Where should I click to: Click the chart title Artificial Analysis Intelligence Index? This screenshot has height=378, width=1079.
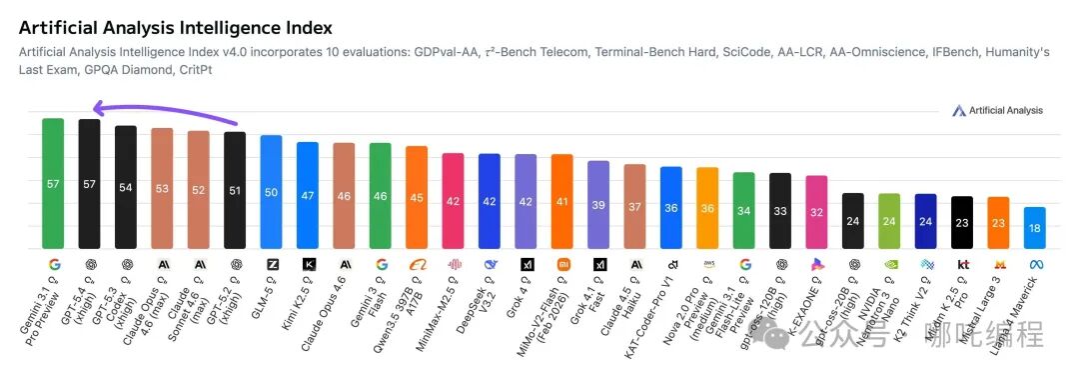click(176, 28)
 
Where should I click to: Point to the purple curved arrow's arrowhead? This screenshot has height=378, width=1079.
click(93, 110)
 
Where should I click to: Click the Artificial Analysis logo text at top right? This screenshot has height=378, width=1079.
click(1005, 110)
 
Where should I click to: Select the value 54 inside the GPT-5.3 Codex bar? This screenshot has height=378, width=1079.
click(126, 187)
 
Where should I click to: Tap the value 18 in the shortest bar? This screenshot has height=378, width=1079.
click(1035, 228)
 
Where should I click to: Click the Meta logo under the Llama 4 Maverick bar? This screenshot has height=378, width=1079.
click(1035, 264)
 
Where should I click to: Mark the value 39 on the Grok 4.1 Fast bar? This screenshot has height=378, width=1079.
click(598, 204)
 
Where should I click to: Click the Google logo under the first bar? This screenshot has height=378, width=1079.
click(53, 264)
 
